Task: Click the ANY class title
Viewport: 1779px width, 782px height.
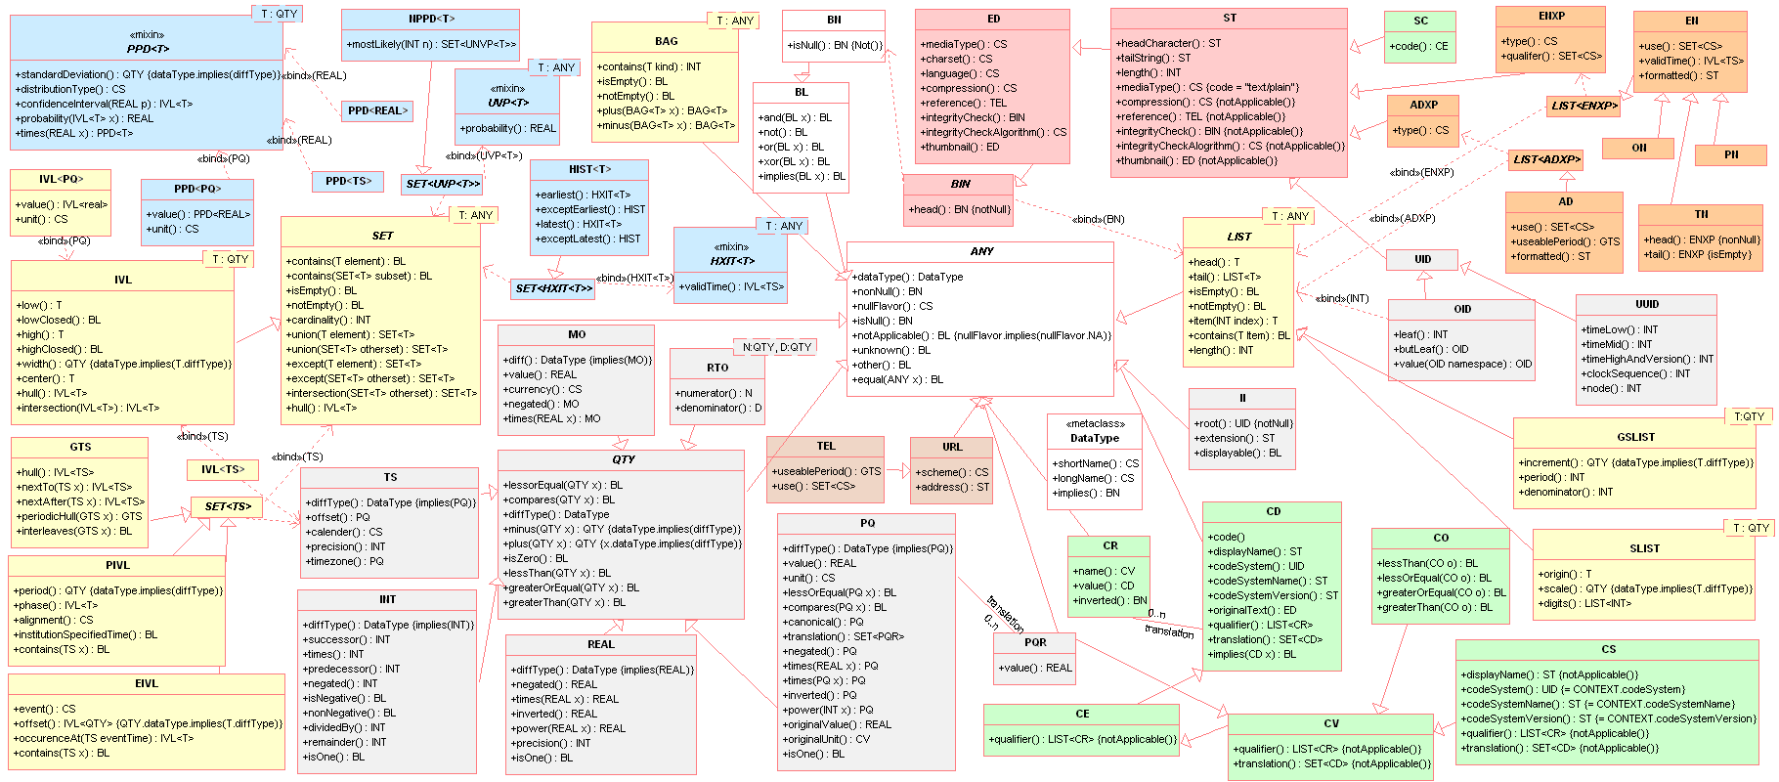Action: point(981,251)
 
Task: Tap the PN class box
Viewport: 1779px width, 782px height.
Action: point(1731,154)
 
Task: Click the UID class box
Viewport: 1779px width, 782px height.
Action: point(1422,259)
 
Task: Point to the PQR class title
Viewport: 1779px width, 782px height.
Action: point(1035,642)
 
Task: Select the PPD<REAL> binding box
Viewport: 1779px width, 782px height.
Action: point(376,110)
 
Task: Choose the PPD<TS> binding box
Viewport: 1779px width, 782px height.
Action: point(348,181)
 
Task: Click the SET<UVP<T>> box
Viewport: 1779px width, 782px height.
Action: point(443,184)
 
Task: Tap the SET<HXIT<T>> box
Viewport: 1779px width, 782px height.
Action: point(553,288)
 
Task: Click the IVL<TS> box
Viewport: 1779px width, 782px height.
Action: point(223,469)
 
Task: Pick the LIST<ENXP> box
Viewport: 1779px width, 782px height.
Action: point(1584,105)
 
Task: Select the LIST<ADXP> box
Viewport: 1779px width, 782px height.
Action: point(1546,158)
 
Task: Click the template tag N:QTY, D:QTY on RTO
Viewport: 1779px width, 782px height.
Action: point(777,347)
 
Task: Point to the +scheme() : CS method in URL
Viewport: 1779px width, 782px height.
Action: point(951,472)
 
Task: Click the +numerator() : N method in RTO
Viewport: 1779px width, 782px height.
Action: point(714,393)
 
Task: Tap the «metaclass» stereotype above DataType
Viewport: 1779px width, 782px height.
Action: point(1095,423)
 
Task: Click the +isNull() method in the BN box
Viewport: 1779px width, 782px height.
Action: point(834,45)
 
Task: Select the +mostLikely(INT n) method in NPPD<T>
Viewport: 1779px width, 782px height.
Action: point(430,44)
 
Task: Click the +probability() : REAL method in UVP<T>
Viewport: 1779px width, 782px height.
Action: point(507,128)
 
